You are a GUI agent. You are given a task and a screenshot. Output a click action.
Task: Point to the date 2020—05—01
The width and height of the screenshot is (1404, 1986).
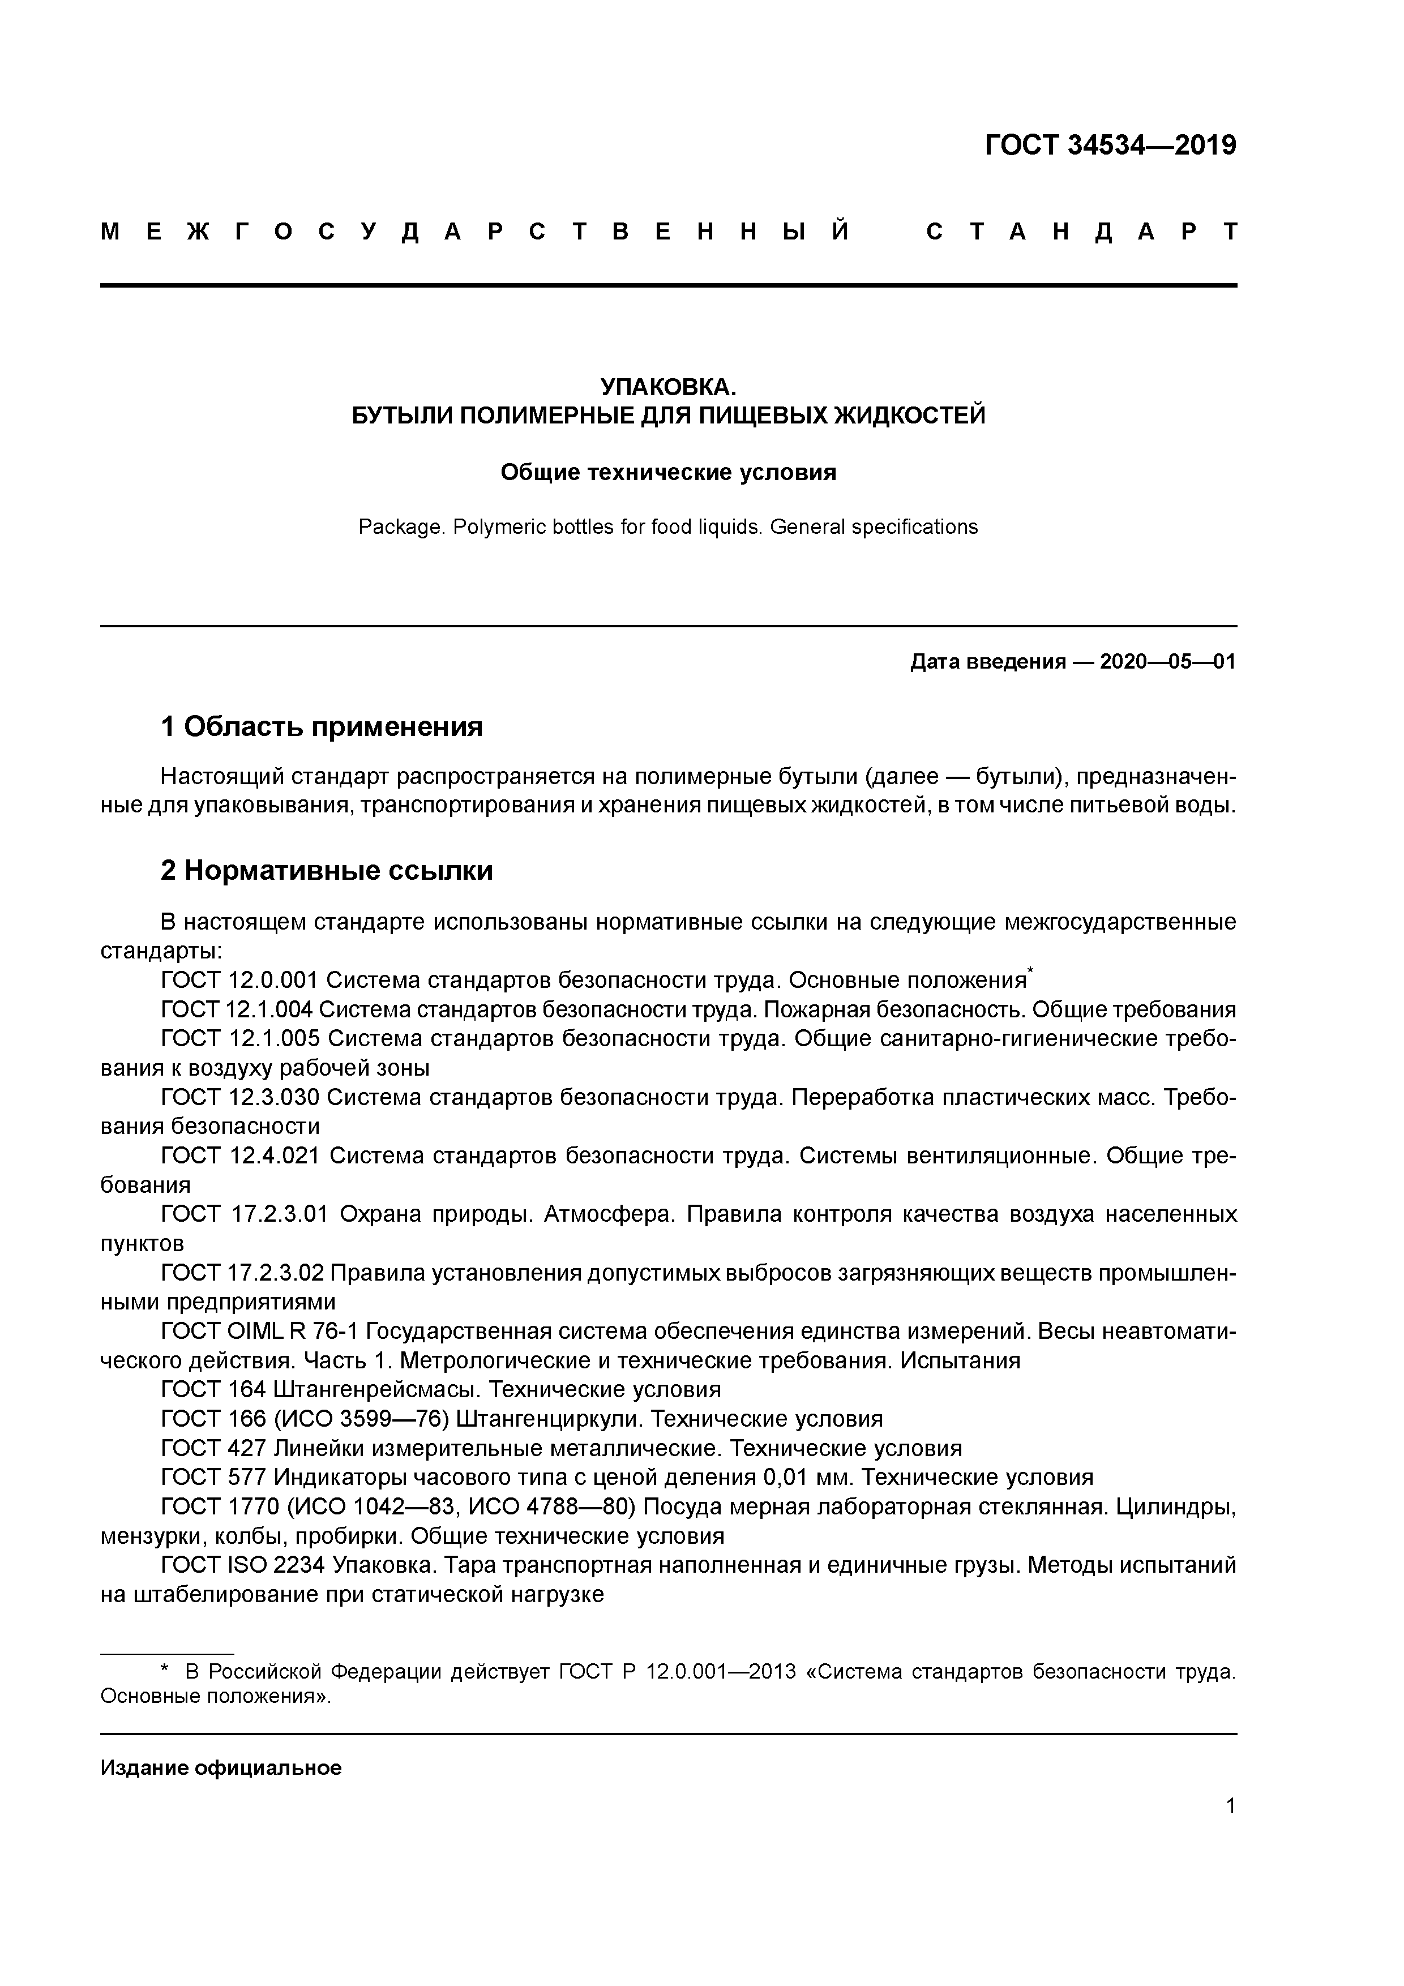[1167, 662]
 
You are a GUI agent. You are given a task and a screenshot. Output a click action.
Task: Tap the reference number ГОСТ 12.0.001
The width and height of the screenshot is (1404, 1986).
[239, 980]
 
